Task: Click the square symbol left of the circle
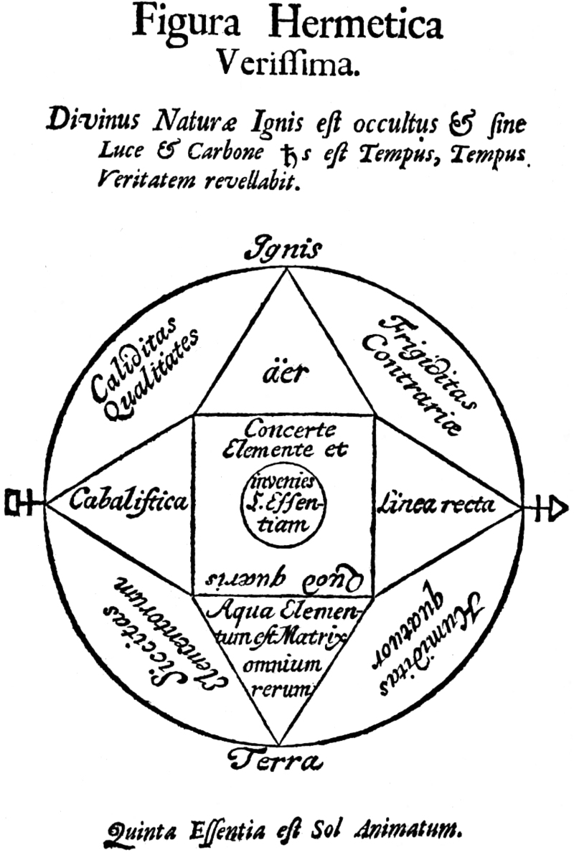click(x=17, y=503)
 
